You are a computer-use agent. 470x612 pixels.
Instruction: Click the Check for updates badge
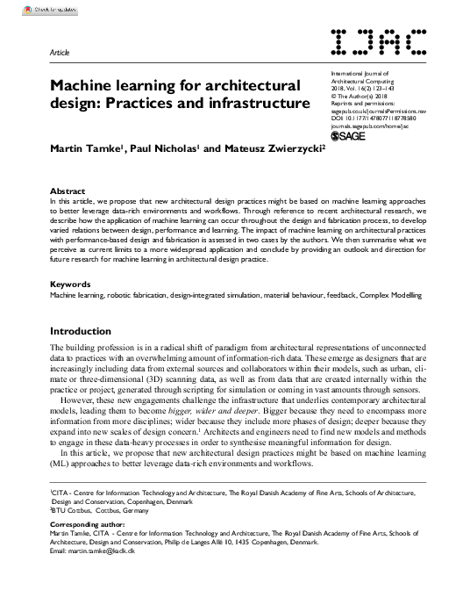coord(27,10)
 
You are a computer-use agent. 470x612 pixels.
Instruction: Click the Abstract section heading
coord(68,191)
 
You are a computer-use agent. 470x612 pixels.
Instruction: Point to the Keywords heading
coord(71,284)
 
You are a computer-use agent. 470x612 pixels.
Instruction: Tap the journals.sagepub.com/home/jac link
coord(376,126)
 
